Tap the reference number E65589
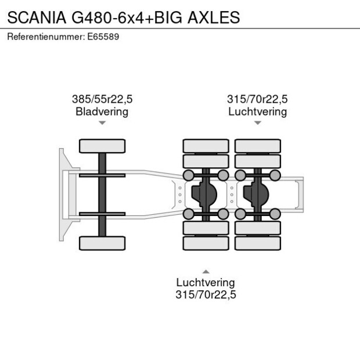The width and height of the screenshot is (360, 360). [x=104, y=37]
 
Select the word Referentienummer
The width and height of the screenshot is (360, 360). [x=45, y=37]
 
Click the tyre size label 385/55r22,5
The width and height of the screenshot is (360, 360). [x=102, y=99]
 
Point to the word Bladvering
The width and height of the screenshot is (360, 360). [x=102, y=111]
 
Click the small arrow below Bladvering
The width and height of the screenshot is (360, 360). [x=102, y=123]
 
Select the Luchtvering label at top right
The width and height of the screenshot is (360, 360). [x=257, y=111]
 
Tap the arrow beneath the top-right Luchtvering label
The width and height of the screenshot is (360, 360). [x=257, y=123]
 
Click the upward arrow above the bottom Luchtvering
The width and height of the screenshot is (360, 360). [x=206, y=271]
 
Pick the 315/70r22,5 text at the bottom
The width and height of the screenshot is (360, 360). [x=206, y=295]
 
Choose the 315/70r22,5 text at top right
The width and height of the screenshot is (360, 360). [x=257, y=99]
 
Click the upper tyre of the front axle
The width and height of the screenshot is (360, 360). [x=102, y=146]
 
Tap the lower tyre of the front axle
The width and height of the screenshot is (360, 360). [x=102, y=243]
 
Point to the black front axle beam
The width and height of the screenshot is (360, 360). [x=102, y=195]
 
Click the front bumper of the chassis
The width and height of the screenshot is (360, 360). [x=62, y=195]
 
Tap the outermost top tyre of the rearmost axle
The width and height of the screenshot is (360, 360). [x=258, y=146]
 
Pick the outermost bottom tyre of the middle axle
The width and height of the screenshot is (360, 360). [x=206, y=243]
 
